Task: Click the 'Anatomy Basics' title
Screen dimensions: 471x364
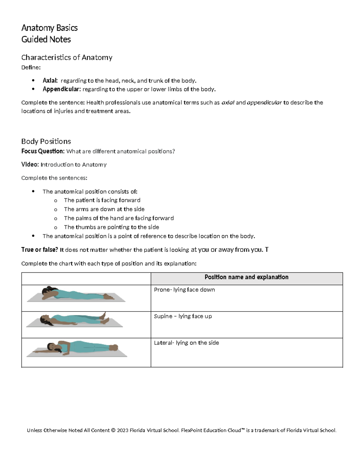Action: tap(49, 28)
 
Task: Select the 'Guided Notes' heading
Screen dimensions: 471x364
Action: tap(46, 39)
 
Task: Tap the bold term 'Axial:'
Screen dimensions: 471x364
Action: tap(50, 81)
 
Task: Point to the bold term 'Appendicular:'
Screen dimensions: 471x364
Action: tap(62, 89)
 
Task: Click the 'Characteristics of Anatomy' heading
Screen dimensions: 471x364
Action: tap(67, 57)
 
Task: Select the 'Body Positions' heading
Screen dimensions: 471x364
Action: tap(46, 141)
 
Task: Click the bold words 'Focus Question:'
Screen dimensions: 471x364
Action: tap(43, 151)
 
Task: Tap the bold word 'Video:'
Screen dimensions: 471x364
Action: tap(30, 164)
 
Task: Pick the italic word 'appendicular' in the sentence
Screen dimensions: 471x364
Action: tap(265, 103)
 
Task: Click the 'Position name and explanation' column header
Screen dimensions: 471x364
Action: tap(246, 277)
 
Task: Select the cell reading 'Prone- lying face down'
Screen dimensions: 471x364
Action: tap(184, 290)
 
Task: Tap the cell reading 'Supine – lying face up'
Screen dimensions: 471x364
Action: tap(183, 316)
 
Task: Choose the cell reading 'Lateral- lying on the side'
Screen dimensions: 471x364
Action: tap(187, 343)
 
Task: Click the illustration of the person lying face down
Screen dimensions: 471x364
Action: tap(76, 294)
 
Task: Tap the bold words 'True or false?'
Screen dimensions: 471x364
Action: tap(39, 250)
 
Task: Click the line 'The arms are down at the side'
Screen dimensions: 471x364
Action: tap(104, 209)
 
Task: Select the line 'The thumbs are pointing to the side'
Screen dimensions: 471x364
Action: tap(111, 227)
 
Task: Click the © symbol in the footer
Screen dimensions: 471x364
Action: tap(113, 430)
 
